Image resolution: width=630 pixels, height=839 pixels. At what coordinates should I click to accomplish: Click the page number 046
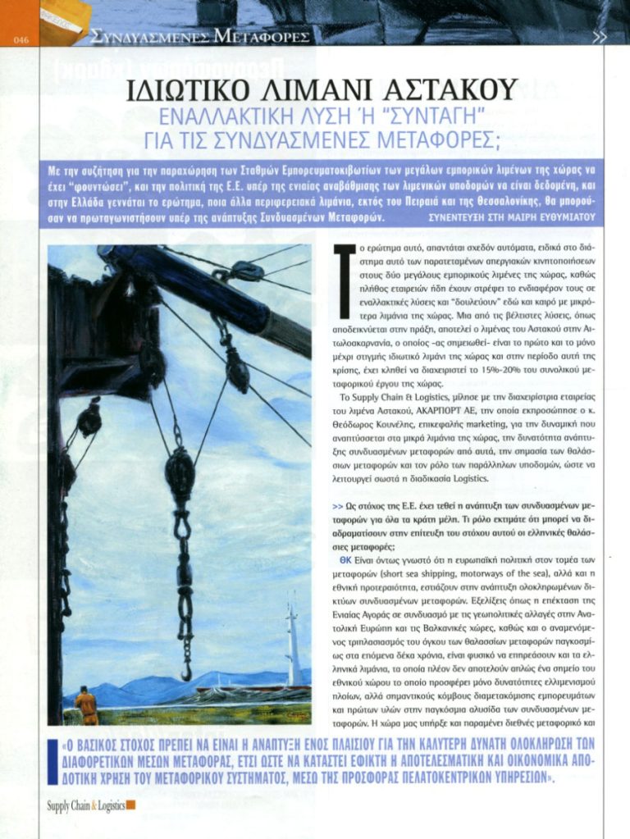[x=21, y=39]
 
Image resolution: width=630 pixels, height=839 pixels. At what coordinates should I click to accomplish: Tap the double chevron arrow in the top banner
[x=600, y=36]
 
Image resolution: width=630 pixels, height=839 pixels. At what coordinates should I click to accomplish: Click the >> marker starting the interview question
[x=337, y=507]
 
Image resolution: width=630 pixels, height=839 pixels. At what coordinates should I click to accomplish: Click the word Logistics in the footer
[x=110, y=805]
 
